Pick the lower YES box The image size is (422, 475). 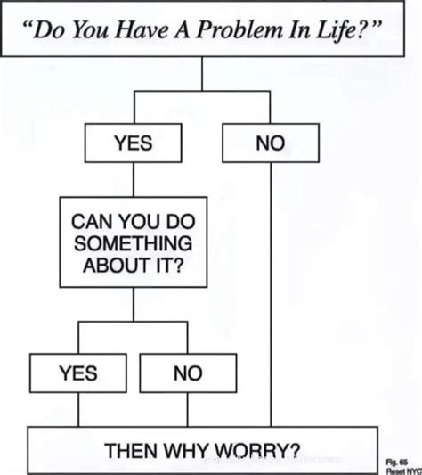(78, 373)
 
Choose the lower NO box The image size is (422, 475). (188, 373)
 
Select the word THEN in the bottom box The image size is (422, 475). (133, 449)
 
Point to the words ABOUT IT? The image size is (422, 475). (134, 265)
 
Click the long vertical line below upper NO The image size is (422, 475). (269, 294)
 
